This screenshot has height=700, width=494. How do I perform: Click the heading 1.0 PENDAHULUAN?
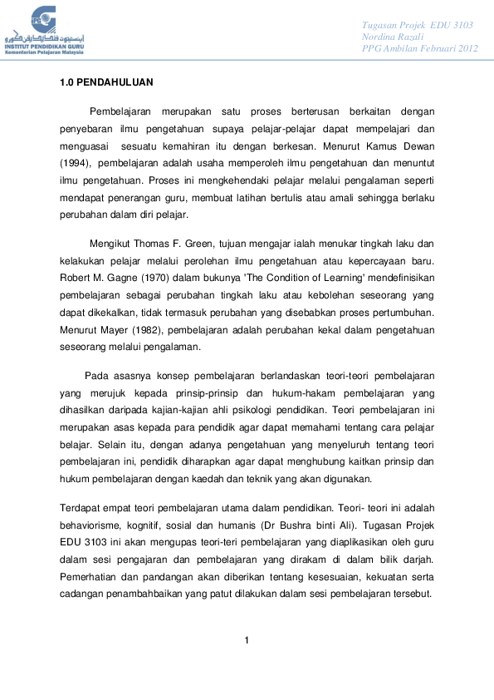(105, 83)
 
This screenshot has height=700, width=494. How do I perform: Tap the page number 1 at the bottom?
(247, 639)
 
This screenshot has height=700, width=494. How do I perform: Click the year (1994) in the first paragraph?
(75, 164)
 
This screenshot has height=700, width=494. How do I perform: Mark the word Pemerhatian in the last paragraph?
(88, 577)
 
